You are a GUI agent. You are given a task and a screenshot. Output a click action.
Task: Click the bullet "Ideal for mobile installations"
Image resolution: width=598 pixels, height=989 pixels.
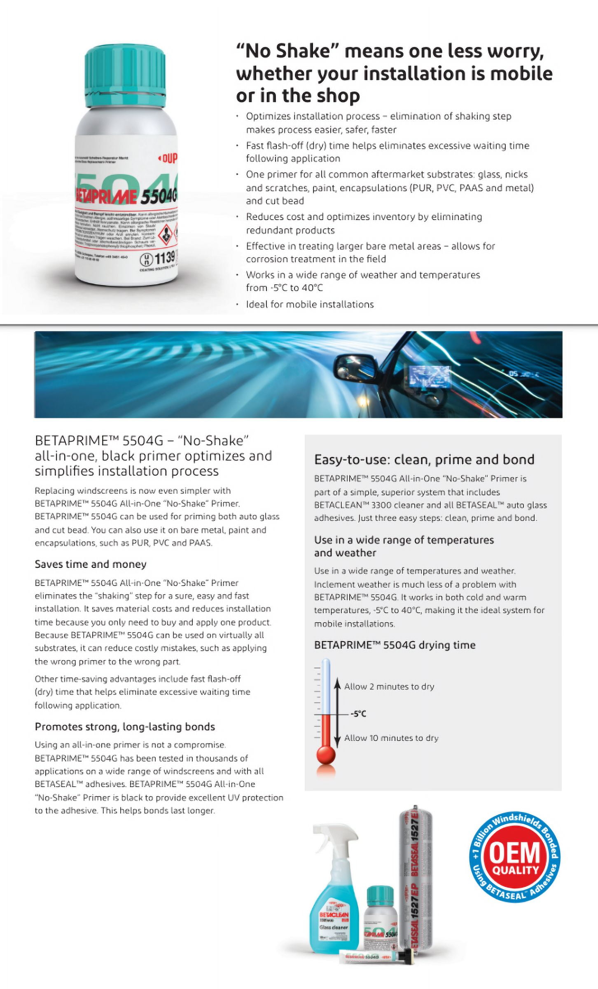310,305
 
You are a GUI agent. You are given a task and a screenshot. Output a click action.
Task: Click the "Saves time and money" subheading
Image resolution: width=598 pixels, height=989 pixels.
91,564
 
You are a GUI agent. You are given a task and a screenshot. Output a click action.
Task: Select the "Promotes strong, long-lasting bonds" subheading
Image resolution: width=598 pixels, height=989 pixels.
125,727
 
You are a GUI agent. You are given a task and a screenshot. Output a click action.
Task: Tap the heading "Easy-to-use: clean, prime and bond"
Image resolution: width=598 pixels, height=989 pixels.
424,459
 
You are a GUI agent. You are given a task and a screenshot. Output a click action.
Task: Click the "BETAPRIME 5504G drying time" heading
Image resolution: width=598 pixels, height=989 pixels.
395,645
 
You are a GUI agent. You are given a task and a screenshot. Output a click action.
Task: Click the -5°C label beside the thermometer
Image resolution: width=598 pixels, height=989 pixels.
358,714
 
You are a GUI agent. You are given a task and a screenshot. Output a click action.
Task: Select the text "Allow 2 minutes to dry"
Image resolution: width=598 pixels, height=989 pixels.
389,687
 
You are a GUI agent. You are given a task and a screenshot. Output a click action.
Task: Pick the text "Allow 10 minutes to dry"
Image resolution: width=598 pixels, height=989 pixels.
391,738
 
